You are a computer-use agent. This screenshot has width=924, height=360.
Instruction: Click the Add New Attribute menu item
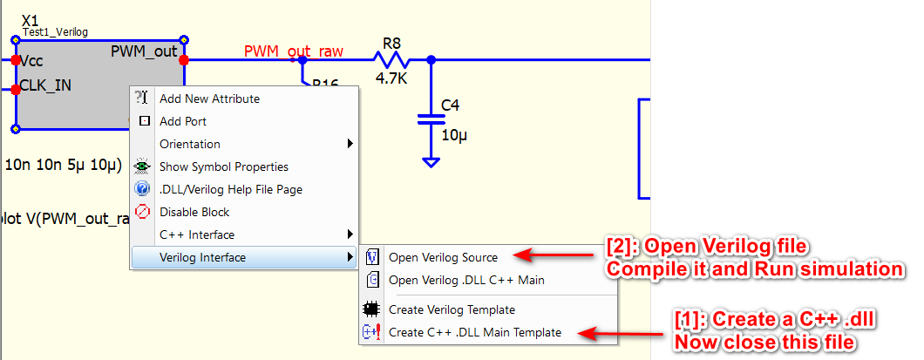click(x=209, y=99)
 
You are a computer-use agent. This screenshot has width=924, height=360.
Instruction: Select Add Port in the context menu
click(x=183, y=122)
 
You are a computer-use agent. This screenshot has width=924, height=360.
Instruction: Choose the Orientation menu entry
click(x=190, y=145)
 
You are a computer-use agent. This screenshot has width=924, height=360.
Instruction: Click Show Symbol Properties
click(x=223, y=167)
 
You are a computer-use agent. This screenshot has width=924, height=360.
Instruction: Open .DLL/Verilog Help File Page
click(x=230, y=189)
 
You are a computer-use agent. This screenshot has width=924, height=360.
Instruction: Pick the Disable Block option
click(x=194, y=212)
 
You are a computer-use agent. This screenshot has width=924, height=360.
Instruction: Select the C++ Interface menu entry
click(x=197, y=234)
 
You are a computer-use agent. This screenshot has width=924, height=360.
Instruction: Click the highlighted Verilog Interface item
click(x=202, y=257)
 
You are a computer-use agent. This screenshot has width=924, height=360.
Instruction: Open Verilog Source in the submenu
click(x=443, y=257)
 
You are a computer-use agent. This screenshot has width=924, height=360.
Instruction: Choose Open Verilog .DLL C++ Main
click(x=466, y=280)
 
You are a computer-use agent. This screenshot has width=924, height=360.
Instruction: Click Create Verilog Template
click(x=452, y=309)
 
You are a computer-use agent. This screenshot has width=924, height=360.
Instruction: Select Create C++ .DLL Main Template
click(x=475, y=332)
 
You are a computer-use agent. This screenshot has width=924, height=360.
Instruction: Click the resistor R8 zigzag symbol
click(x=391, y=59)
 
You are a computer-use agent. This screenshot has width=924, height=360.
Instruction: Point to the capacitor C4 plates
click(x=426, y=119)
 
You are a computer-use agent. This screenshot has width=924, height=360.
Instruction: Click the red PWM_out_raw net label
click(x=293, y=51)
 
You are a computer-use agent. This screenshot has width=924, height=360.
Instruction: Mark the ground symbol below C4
click(x=430, y=161)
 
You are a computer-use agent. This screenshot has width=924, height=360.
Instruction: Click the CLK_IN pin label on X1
click(x=45, y=85)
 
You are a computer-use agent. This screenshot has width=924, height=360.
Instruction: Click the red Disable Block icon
click(x=143, y=212)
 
